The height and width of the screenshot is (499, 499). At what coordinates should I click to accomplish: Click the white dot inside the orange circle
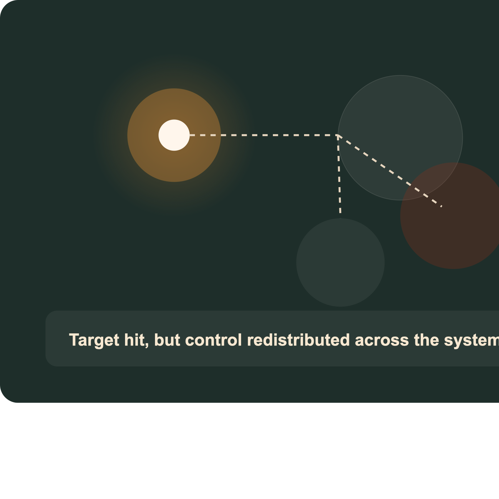pyautogui.click(x=174, y=135)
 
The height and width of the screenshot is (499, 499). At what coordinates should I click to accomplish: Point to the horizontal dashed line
pyautogui.click(x=264, y=135)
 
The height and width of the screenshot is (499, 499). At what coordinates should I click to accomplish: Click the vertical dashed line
pyautogui.click(x=339, y=174)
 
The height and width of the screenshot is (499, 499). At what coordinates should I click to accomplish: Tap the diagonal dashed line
pyautogui.click(x=390, y=171)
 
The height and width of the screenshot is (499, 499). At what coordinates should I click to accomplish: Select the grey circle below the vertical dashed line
pyautogui.click(x=340, y=262)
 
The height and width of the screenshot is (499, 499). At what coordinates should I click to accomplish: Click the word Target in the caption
pyautogui.click(x=94, y=340)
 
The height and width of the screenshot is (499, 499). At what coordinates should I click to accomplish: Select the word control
pyautogui.click(x=214, y=340)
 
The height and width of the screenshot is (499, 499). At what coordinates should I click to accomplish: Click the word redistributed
pyautogui.click(x=298, y=340)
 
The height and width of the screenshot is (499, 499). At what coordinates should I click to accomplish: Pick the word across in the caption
pyautogui.click(x=382, y=340)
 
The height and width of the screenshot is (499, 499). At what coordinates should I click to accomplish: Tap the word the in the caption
pyautogui.click(x=426, y=340)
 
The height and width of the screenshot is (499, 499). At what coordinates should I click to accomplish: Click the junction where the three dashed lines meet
pyautogui.click(x=338, y=135)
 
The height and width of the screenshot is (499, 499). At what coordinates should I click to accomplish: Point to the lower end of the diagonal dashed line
pyautogui.click(x=442, y=206)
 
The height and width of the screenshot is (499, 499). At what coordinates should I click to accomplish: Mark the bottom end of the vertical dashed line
pyautogui.click(x=340, y=213)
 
